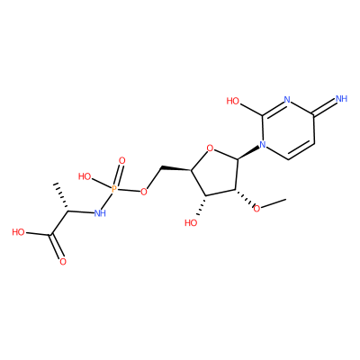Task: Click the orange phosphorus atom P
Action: (x=114, y=189)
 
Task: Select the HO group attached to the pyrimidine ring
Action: (x=233, y=101)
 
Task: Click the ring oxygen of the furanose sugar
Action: (x=211, y=148)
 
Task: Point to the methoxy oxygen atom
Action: (x=256, y=208)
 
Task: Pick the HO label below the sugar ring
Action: (x=191, y=223)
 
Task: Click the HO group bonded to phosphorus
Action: (x=85, y=176)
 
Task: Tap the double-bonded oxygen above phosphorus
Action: (x=121, y=161)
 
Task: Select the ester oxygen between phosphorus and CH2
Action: (x=144, y=192)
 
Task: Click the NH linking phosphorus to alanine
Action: (x=100, y=213)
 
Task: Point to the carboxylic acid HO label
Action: (x=19, y=232)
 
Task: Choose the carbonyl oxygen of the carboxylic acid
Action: (x=63, y=262)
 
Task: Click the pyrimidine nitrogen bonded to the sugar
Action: (x=263, y=145)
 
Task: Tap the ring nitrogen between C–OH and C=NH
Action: (x=287, y=100)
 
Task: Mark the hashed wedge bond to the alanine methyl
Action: (x=60, y=196)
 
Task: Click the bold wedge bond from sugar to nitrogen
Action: (x=248, y=153)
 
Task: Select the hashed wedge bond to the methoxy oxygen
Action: (x=244, y=198)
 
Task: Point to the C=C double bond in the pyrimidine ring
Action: (x=301, y=151)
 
